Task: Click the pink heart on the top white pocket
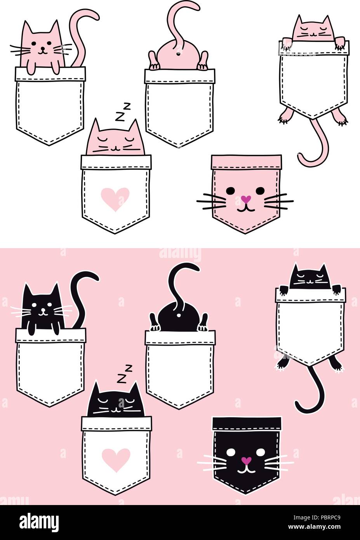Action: pyautogui.click(x=115, y=198)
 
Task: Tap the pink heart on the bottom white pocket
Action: pyautogui.click(x=115, y=459)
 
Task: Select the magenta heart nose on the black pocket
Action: pyautogui.click(x=246, y=460)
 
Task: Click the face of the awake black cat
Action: pyautogui.click(x=43, y=307)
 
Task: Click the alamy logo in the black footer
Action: pyautogui.click(x=39, y=521)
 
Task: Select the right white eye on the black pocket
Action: pyautogui.click(x=261, y=452)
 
